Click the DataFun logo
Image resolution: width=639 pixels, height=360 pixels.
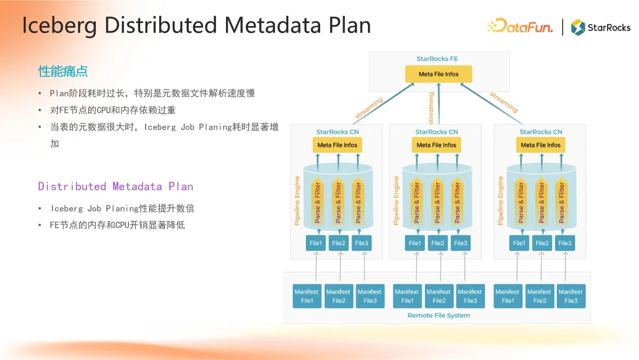click(520, 27)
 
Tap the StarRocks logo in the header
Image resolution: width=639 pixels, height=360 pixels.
click(601, 27)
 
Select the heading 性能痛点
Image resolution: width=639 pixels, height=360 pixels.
click(63, 72)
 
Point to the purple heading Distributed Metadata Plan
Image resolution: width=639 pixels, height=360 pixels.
click(115, 187)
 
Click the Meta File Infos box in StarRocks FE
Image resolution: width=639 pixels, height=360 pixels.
click(438, 74)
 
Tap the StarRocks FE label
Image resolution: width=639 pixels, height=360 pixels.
click(437, 59)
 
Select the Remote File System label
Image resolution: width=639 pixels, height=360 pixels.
click(438, 316)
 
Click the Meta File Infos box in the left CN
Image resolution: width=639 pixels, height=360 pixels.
click(337, 145)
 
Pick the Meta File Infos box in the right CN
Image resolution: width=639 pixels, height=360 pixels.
click(541, 145)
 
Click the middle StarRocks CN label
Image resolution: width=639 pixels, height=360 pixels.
click(437, 132)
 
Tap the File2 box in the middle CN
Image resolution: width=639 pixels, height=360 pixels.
click(438, 243)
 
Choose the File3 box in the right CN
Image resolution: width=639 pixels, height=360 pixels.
click(565, 243)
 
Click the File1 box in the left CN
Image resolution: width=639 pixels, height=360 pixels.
click(316, 243)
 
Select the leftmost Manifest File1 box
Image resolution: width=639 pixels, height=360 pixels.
click(306, 296)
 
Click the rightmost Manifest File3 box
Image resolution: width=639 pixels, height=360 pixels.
click(570, 296)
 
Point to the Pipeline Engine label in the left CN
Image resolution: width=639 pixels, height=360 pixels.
click(297, 200)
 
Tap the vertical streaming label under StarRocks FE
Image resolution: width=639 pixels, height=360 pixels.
click(431, 108)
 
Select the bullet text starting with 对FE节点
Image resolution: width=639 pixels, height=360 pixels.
click(112, 110)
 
